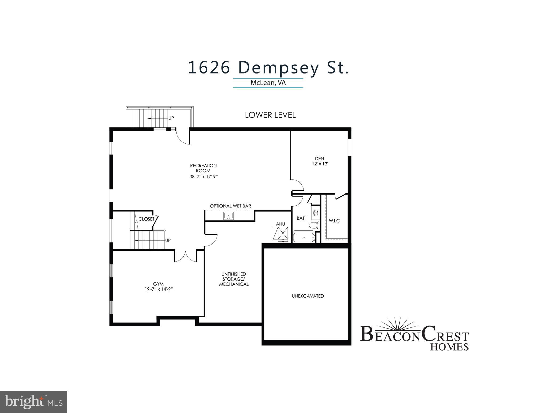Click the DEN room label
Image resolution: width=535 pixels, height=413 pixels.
point(319,159)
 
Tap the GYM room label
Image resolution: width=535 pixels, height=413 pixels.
point(158,284)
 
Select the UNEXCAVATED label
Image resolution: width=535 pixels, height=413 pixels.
point(308,296)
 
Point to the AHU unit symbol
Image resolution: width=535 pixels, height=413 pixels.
point(281,233)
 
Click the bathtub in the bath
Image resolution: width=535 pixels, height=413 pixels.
point(304,238)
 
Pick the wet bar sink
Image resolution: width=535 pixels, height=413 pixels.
point(229,216)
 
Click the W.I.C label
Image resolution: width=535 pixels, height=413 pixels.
point(334,221)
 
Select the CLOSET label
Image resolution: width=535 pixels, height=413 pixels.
point(146,219)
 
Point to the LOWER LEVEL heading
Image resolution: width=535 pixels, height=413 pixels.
point(270,115)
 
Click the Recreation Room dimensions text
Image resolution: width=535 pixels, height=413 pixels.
point(203,177)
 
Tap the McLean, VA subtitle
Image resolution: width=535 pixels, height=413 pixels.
point(268,83)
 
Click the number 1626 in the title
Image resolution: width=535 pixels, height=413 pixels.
point(209,68)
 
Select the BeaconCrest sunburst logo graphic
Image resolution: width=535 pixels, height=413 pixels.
point(396,324)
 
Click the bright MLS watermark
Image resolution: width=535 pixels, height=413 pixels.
point(33,401)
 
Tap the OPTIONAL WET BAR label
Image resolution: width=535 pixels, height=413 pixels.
point(230,206)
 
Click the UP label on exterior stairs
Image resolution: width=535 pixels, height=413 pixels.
point(171,118)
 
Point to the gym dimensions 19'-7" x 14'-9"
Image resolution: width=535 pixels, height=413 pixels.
point(158,289)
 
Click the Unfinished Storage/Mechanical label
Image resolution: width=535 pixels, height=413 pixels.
point(234,279)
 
